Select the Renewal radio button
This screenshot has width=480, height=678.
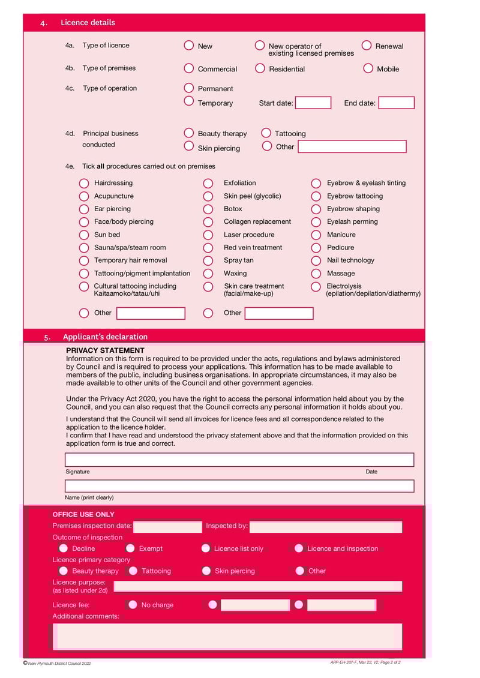pyautogui.click(x=367, y=46)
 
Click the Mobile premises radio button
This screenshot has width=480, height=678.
pyautogui.click(x=368, y=68)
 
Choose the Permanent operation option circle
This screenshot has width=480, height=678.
pyautogui.click(x=189, y=88)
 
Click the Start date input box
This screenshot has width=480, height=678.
pyautogui.click(x=313, y=103)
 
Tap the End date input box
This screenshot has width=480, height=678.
pyautogui.click(x=396, y=103)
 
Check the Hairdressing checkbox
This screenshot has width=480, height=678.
pyautogui.click(x=85, y=183)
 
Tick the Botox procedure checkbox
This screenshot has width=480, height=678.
pyautogui.click(x=208, y=209)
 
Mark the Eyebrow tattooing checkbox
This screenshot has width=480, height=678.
pyautogui.click(x=316, y=196)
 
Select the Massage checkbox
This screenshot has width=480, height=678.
pyautogui.click(x=316, y=274)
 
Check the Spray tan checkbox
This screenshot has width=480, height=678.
pyautogui.click(x=208, y=260)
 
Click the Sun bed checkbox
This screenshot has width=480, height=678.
pyautogui.click(x=85, y=235)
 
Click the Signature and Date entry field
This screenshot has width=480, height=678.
pyautogui.click(x=239, y=460)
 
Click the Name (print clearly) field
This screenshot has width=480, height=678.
pyautogui.click(x=239, y=486)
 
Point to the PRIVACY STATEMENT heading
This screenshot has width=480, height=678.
pyautogui.click(x=105, y=350)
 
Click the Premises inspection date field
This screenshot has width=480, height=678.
pyautogui.click(x=167, y=527)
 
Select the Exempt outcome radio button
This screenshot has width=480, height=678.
pyautogui.click(x=130, y=548)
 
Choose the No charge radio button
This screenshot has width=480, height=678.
pyautogui.click(x=133, y=605)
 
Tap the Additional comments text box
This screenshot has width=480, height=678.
pyautogui.click(x=227, y=636)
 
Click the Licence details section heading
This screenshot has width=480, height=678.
pyautogui.click(x=88, y=23)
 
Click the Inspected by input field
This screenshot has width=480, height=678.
pyautogui.click(x=325, y=527)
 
